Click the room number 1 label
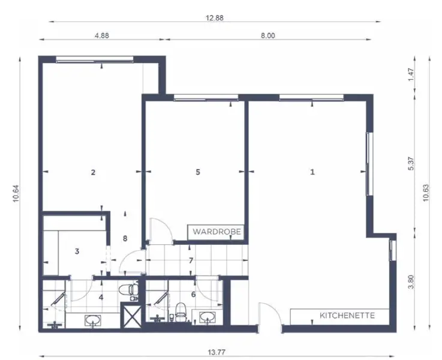[x=312, y=172]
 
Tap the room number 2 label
[x=93, y=172]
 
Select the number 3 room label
[x=77, y=251]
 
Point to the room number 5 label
[x=198, y=172]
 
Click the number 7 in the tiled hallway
[x=191, y=260]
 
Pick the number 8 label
[x=125, y=238]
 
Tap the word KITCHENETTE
[x=347, y=315]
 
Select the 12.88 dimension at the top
[x=214, y=18]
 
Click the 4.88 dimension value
[x=102, y=36]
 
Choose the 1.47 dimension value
[x=411, y=74]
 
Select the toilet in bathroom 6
[x=179, y=310]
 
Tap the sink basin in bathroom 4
[x=93, y=320]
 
